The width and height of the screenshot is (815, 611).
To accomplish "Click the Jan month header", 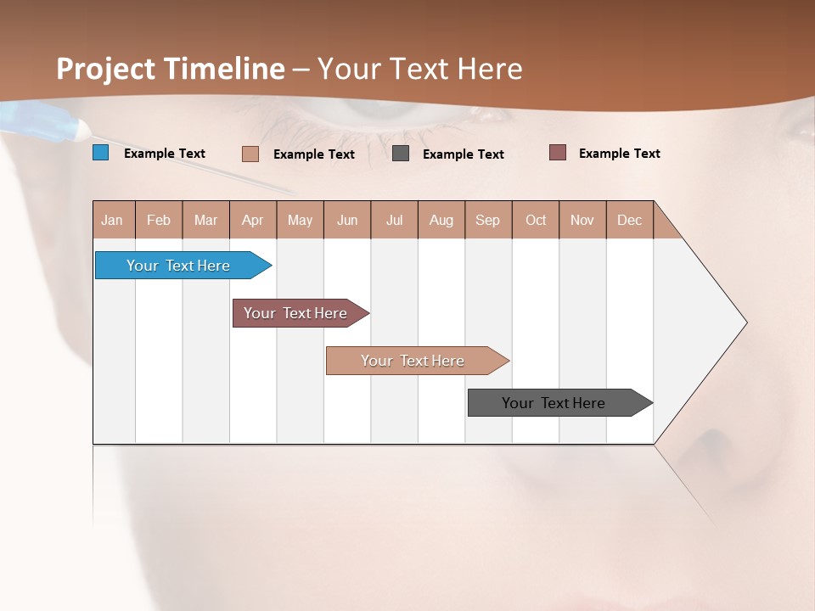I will pos(113,220).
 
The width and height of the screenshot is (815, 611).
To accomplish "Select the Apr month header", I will pos(253,220).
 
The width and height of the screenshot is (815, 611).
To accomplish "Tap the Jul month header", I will pos(395,220).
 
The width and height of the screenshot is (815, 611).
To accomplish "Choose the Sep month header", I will pos(488,220).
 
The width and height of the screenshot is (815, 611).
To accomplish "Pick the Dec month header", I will pos(630,220).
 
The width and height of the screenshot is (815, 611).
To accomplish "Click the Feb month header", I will pos(159,220).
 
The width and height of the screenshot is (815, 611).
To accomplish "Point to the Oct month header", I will pos(536,220).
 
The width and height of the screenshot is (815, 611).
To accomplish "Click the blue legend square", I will pos(101,153).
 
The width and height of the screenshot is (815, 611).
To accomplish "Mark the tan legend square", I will pos(250,154).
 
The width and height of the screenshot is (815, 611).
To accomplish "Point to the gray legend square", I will pos(401,153).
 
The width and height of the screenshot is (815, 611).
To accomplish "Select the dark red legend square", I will pos(557,152).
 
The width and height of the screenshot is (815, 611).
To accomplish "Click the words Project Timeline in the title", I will pos(170,69).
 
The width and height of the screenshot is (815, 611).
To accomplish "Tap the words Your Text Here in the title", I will pos(420,69).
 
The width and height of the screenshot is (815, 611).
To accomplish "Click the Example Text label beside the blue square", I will pos(165,154).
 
